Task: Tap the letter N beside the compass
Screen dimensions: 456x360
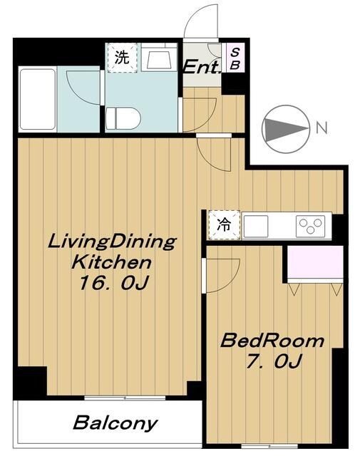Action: pyautogui.click(x=322, y=129)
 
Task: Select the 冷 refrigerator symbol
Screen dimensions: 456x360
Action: pyautogui.click(x=224, y=226)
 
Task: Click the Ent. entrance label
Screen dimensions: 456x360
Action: pyautogui.click(x=202, y=66)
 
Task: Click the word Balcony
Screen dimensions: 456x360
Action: pyautogui.click(x=115, y=423)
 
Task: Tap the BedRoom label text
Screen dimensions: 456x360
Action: pyautogui.click(x=272, y=341)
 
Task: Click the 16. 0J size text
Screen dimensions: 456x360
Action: pyautogui.click(x=113, y=283)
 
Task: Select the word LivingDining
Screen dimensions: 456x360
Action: pyautogui.click(x=111, y=241)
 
